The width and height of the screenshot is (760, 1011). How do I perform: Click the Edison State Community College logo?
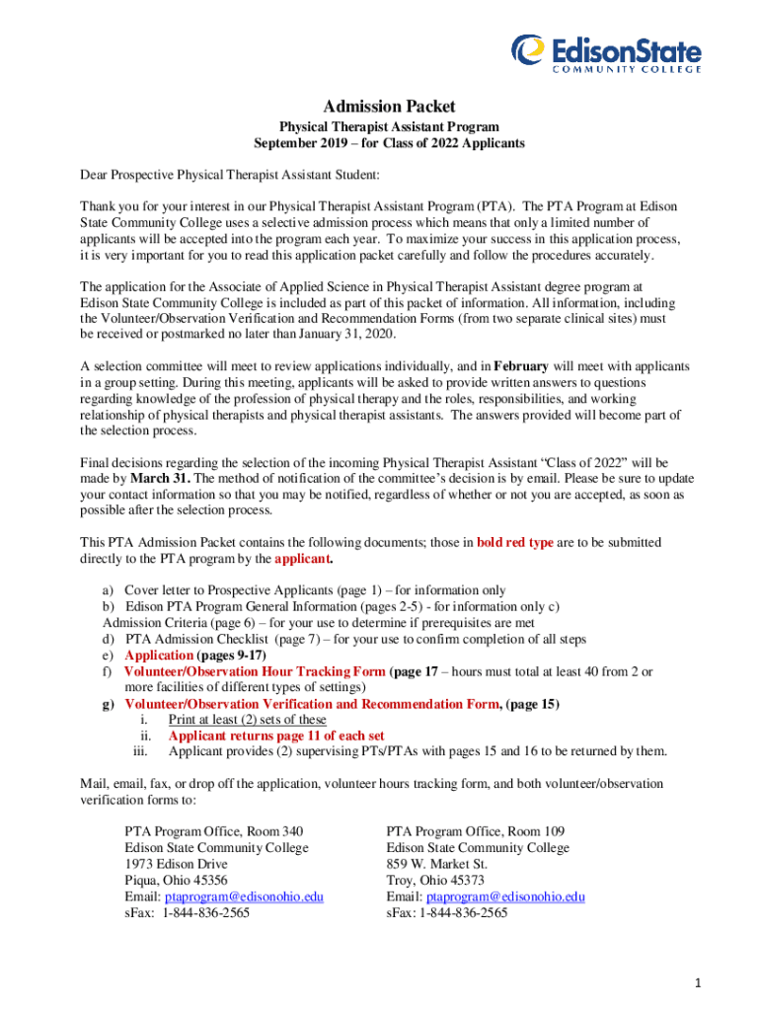pos(605,53)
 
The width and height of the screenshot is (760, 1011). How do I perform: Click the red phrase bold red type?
pos(514,542)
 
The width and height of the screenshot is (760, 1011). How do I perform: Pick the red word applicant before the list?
pos(302,558)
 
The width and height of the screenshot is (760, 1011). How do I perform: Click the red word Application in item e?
pos(159,655)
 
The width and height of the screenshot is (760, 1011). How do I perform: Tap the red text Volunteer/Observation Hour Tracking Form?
pos(256,671)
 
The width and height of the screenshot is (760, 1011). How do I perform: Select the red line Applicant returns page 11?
pos(276,736)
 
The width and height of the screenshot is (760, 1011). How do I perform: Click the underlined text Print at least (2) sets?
pos(247,720)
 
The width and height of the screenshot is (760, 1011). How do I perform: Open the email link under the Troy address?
pos(505,896)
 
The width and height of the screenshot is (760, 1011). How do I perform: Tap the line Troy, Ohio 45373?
pos(435,880)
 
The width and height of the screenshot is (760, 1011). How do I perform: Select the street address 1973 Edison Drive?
pos(176,864)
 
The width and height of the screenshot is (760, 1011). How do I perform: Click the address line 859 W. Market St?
pos(438,864)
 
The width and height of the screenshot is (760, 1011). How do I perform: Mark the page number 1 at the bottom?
pos(697,983)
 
